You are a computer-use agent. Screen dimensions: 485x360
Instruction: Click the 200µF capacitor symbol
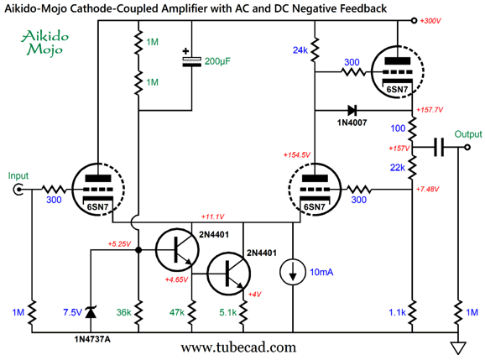click(191, 61)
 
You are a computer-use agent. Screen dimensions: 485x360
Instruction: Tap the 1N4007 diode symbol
click(352, 110)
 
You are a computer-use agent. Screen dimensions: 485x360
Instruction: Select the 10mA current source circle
click(293, 272)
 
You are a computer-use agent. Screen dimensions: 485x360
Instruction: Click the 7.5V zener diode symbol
click(91, 312)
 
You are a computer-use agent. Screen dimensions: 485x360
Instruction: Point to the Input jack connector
click(18, 189)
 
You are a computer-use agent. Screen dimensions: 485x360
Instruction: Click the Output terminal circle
click(467, 147)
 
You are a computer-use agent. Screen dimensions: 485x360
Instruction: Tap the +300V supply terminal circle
click(415, 21)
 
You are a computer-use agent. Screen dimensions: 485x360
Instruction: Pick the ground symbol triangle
click(458, 347)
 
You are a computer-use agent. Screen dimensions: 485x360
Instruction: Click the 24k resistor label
click(300, 50)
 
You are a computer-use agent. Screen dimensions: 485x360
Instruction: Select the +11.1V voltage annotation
click(212, 217)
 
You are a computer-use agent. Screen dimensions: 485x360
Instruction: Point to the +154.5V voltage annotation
click(297, 155)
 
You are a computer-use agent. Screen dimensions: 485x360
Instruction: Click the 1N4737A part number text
click(92, 340)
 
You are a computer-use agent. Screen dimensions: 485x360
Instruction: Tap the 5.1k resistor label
click(228, 313)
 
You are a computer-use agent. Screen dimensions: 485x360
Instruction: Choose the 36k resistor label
click(123, 313)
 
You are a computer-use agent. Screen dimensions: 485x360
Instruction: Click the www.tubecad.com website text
click(238, 347)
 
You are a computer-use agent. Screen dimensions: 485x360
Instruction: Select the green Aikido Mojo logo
click(44, 43)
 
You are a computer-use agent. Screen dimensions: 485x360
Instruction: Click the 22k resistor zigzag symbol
click(412, 167)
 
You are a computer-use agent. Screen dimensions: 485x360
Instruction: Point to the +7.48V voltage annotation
click(428, 189)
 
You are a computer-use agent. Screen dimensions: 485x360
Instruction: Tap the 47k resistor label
click(177, 313)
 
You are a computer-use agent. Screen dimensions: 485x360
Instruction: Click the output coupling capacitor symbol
click(439, 147)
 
